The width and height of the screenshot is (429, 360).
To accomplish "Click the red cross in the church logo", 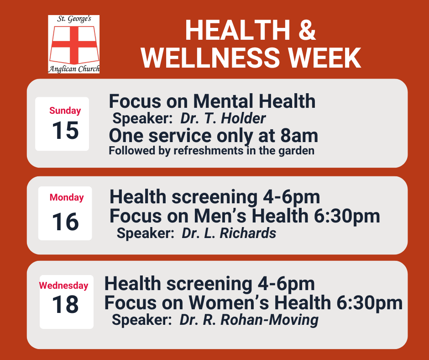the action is point(74,45).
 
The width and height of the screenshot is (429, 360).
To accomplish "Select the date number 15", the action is point(65,130).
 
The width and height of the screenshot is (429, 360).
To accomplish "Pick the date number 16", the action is point(65,222).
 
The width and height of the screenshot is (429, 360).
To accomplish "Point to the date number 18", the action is point(65,304).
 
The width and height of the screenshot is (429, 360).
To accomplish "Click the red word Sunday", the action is point(65,111).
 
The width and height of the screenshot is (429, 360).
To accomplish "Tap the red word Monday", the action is point(67,197).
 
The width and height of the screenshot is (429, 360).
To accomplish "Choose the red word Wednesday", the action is point(63,286).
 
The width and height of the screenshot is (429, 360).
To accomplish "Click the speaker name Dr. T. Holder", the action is point(223,118).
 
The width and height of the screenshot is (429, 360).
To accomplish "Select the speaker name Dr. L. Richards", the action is point(229,233).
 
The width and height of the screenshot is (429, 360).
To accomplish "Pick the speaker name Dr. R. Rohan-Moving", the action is point(249,320).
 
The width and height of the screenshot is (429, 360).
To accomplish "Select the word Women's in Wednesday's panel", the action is point(229,303).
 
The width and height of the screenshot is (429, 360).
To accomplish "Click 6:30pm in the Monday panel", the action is point(347,217).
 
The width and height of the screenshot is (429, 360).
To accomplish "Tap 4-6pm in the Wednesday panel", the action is point(286,284).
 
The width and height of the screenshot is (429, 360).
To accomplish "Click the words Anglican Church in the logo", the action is point(74,69).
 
